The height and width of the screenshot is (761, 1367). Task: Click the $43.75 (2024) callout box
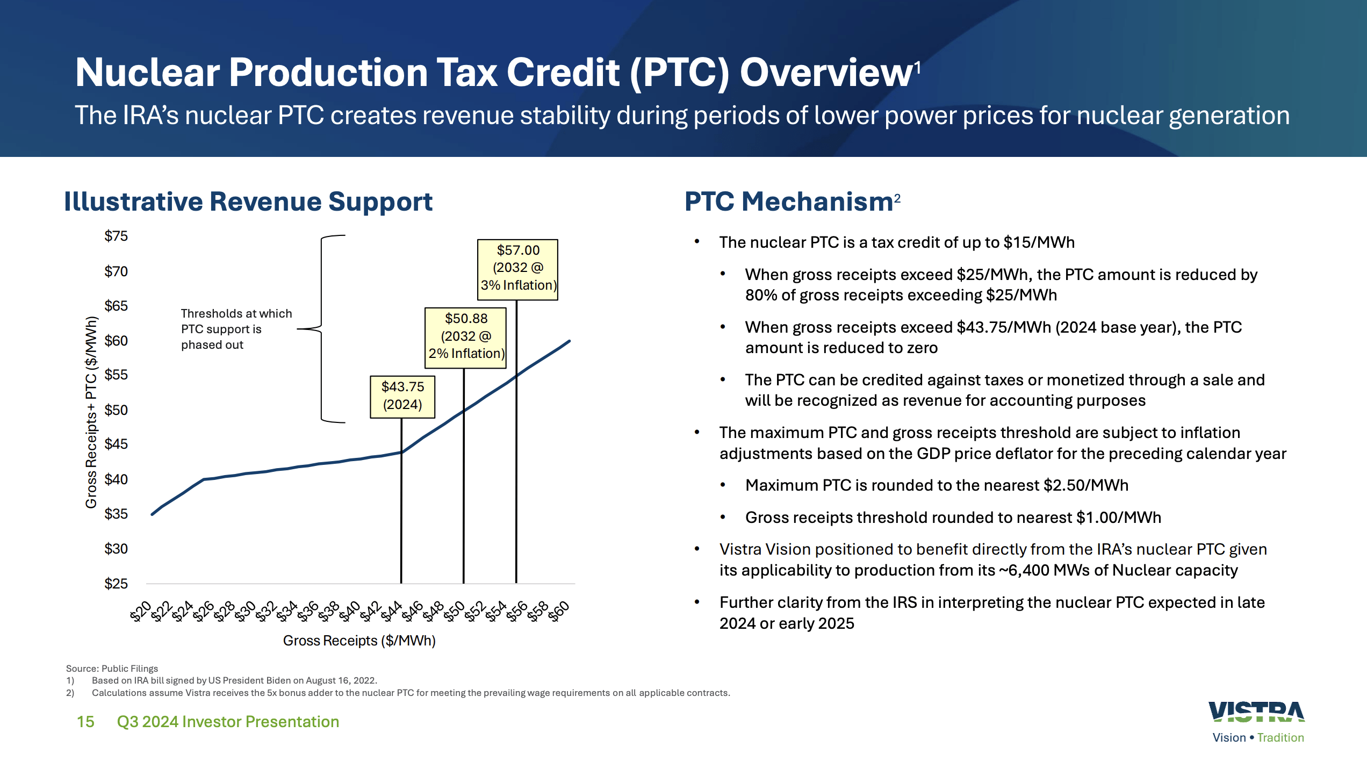pos(402,396)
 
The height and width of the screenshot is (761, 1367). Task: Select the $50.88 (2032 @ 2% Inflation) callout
pos(465,337)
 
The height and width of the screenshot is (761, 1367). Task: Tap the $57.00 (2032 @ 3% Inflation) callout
pos(517,269)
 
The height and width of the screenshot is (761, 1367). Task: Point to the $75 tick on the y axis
pos(116,236)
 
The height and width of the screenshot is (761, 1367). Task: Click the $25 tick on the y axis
pos(116,584)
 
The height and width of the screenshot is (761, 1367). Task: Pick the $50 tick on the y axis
pos(116,410)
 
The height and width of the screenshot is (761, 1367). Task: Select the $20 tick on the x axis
pos(141,612)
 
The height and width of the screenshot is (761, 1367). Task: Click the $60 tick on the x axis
pos(559,612)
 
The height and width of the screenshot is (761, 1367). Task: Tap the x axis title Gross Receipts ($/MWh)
pos(359,641)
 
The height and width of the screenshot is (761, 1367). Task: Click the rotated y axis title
pos(91,412)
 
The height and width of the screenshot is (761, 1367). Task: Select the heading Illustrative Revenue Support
pos(248,202)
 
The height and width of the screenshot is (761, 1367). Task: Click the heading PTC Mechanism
pos(788,202)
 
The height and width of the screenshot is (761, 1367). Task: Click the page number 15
pos(85,722)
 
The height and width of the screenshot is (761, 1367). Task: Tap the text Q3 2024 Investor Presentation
pos(228,722)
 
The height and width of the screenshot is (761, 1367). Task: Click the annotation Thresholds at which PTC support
pos(236,328)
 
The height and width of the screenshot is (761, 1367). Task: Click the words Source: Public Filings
pos(112,669)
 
